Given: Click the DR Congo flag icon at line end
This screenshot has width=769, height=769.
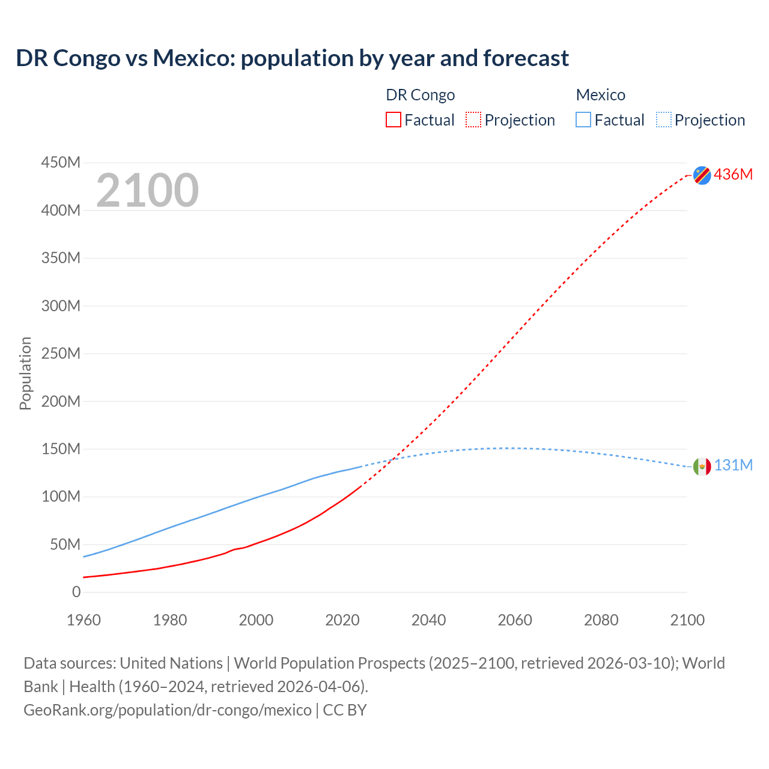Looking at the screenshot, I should point(702,175).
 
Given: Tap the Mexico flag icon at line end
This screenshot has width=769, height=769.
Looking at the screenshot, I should point(702,466).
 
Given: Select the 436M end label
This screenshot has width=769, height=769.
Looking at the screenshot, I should point(733,174).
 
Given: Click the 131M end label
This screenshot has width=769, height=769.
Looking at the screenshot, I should point(733,466).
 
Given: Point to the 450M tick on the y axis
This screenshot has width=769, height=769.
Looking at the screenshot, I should point(61,163).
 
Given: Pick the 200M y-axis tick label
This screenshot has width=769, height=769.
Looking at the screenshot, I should point(61,401).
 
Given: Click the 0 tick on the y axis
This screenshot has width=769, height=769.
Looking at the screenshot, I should point(76,592).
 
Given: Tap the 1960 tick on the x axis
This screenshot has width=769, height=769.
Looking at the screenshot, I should point(84,620).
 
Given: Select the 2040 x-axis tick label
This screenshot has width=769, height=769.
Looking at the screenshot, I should point(428,620).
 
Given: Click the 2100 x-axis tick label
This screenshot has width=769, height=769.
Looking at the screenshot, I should point(687,620).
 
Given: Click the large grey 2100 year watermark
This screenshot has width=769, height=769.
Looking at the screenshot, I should point(147,190).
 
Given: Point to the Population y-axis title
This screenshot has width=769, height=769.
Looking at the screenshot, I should point(25,373).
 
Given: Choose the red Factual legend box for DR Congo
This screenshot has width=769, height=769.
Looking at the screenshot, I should point(394,120).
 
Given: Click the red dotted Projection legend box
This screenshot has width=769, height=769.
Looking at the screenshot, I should point(473,120).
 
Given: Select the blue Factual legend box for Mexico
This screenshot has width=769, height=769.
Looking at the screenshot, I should point(583,120).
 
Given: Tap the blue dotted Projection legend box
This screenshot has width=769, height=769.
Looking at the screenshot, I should point(663,120).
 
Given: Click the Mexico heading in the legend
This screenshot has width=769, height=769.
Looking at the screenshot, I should point(600,95).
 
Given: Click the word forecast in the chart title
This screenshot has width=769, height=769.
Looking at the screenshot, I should point(526,58).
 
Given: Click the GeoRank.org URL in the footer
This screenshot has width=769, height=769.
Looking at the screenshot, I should point(168,710).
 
